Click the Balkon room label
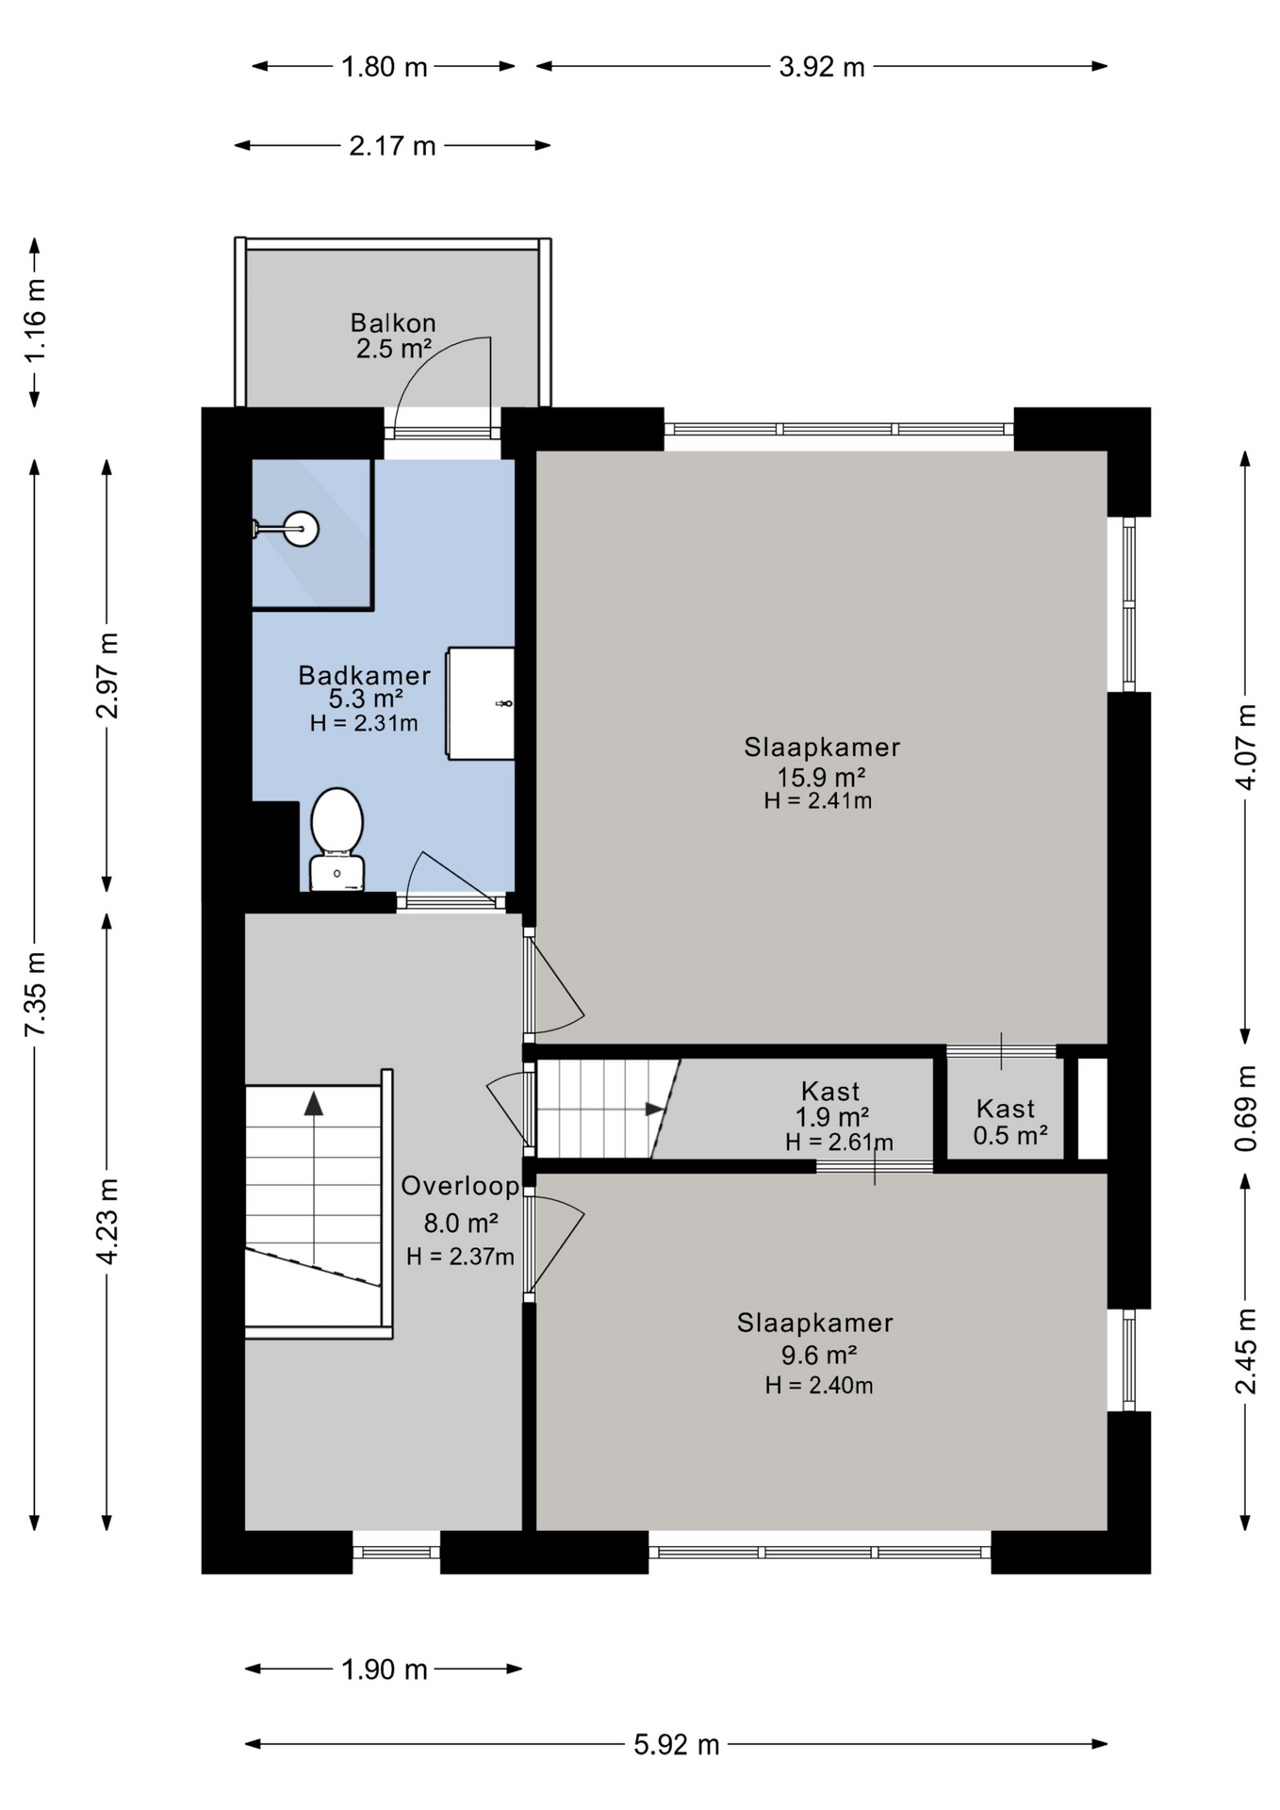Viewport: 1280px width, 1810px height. click(393, 322)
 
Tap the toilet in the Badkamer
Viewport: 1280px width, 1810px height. click(336, 839)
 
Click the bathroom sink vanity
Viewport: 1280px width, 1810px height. click(481, 703)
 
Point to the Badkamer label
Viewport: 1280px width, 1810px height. click(365, 675)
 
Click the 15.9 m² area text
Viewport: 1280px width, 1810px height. click(821, 777)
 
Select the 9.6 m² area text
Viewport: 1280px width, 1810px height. click(818, 1355)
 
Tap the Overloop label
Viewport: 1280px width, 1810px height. click(460, 1186)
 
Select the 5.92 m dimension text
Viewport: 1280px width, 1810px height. click(677, 1744)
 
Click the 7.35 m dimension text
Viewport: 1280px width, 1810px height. click(35, 994)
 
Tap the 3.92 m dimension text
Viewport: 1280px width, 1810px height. click(822, 67)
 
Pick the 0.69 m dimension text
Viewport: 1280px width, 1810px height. click(1246, 1108)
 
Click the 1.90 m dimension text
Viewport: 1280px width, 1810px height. click(385, 1670)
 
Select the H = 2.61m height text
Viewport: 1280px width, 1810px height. click(840, 1142)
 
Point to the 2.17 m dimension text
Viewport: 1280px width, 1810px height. click(392, 146)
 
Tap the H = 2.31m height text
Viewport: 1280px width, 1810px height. click(364, 723)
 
